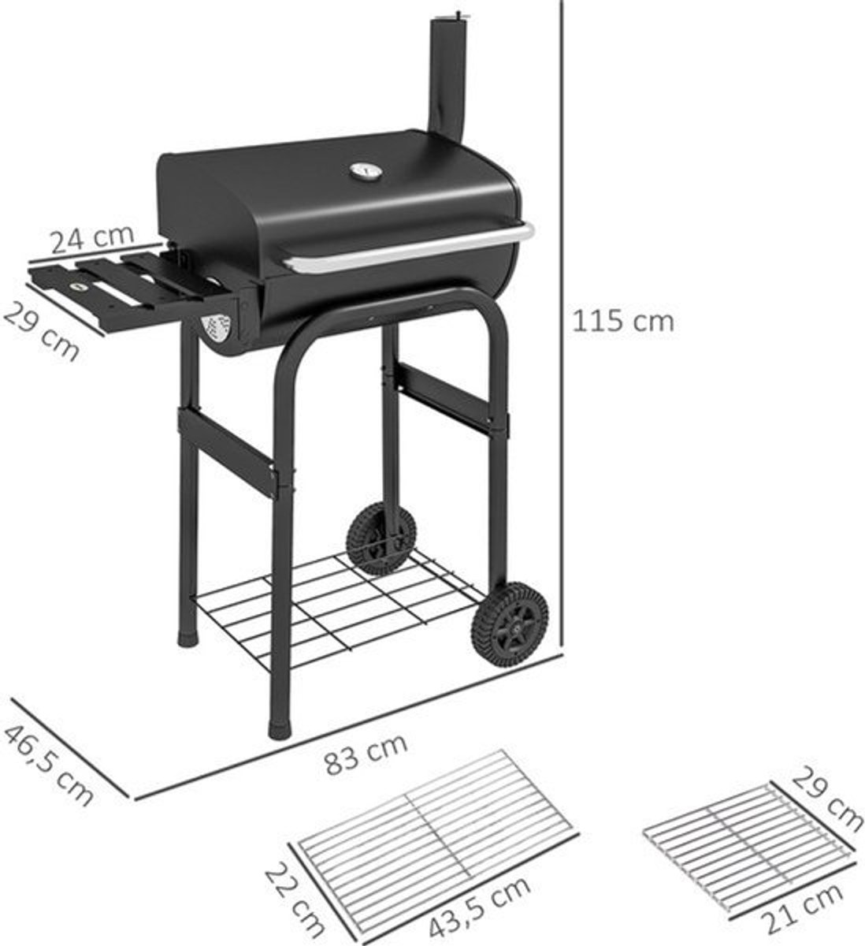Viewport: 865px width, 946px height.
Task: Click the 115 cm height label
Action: (x=622, y=322)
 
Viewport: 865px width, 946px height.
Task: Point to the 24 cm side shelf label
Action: (x=92, y=240)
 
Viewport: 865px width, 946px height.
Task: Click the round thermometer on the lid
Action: (x=366, y=170)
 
